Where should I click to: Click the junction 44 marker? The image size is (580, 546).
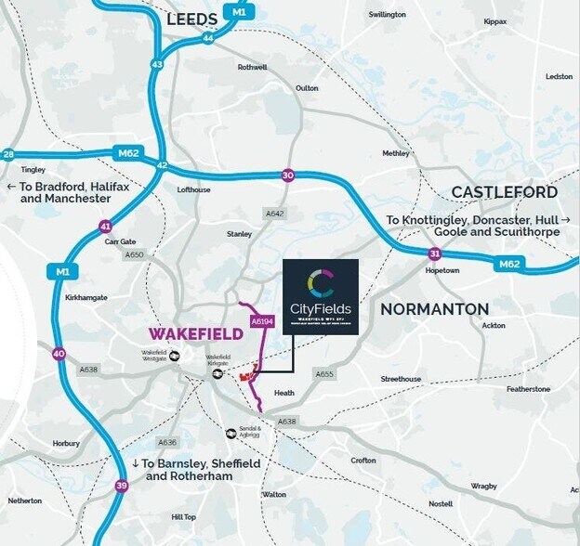coord(207,39)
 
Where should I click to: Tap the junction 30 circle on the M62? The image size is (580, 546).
coord(288,175)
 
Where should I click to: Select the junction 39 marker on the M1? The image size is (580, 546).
coord(122,486)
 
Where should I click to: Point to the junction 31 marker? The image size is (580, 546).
coord(434,253)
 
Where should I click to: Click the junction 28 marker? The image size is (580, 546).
coord(8,155)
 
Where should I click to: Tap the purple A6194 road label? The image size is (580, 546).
coord(261,321)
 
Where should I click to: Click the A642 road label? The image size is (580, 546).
coord(274,213)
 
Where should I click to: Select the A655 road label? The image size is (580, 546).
coord(323,374)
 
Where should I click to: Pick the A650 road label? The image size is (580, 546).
coord(135,254)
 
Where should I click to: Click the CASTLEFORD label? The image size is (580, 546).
coord(505,192)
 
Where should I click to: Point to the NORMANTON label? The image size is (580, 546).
coord(434,307)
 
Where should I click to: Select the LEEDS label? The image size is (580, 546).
coord(191,19)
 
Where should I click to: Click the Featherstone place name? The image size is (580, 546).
coord(528,389)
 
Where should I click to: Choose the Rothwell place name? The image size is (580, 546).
coord(252,67)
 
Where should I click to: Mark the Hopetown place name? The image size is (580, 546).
coord(442,270)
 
